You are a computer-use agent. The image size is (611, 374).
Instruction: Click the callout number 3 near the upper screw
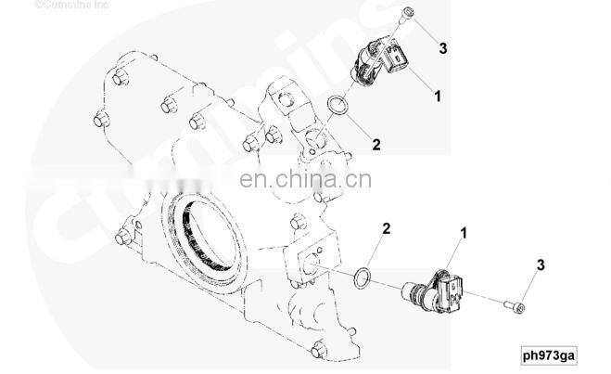[442, 49]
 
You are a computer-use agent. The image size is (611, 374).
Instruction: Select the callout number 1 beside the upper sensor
[438, 97]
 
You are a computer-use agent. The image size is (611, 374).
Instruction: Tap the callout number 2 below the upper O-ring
[376, 145]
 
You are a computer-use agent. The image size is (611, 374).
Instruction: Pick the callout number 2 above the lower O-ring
[386, 228]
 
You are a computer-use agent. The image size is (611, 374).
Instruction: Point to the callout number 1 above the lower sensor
[464, 233]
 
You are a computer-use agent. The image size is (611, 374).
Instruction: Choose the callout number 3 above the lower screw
[541, 265]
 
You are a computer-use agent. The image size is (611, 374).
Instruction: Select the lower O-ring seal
[363, 277]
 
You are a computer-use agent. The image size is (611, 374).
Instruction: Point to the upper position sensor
[380, 61]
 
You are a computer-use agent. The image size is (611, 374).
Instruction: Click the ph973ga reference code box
[549, 355]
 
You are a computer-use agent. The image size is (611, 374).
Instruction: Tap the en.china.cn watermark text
[306, 179]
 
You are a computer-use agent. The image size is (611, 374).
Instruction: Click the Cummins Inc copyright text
[71, 5]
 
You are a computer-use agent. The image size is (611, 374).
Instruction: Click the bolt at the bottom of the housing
[319, 349]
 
